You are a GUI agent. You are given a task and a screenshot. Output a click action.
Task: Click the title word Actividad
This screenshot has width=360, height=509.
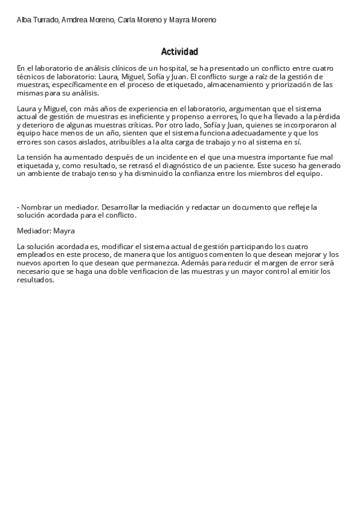179,52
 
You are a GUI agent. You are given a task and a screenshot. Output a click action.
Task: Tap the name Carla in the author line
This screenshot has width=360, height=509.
127,20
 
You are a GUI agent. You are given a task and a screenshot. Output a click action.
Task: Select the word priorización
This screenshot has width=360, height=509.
293,85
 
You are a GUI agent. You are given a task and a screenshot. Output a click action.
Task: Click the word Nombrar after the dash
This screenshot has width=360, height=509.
37,207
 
